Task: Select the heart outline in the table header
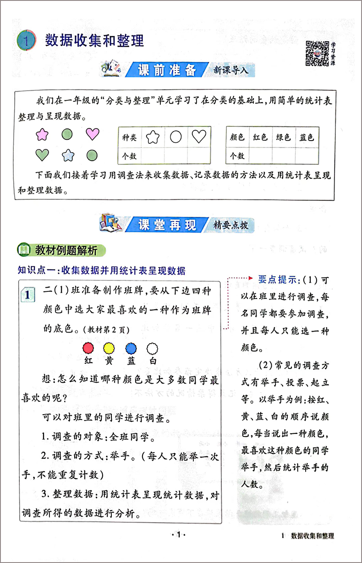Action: tap(199, 137)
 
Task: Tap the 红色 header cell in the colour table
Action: tap(260, 137)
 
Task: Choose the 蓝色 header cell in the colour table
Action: tap(307, 137)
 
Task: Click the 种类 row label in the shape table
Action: tap(130, 137)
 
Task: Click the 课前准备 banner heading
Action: tap(167, 70)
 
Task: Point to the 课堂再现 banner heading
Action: tap(167, 224)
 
